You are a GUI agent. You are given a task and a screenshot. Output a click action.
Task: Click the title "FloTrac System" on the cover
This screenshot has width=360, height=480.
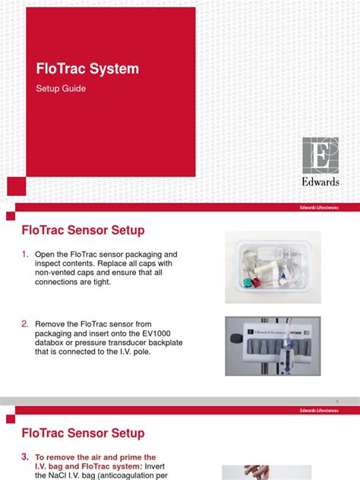87,69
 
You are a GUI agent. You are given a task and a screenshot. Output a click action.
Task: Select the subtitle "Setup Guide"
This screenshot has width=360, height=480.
61,89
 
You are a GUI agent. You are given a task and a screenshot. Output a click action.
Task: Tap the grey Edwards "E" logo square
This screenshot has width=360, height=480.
321,156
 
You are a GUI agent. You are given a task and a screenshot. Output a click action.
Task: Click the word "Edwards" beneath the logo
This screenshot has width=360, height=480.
321,182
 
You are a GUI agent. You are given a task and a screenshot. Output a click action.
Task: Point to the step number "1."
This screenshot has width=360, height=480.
24,253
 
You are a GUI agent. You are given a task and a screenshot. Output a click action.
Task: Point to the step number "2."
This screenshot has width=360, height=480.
24,324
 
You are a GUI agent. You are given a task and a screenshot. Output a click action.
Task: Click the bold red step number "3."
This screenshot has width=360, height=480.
24,457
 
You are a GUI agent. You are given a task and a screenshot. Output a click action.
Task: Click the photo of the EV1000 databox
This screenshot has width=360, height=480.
272,346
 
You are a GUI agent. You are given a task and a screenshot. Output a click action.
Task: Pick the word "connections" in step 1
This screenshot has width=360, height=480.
59,283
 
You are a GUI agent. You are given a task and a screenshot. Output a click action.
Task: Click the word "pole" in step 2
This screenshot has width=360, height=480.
156,354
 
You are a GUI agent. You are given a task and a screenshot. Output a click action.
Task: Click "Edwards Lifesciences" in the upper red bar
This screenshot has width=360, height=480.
320,207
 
